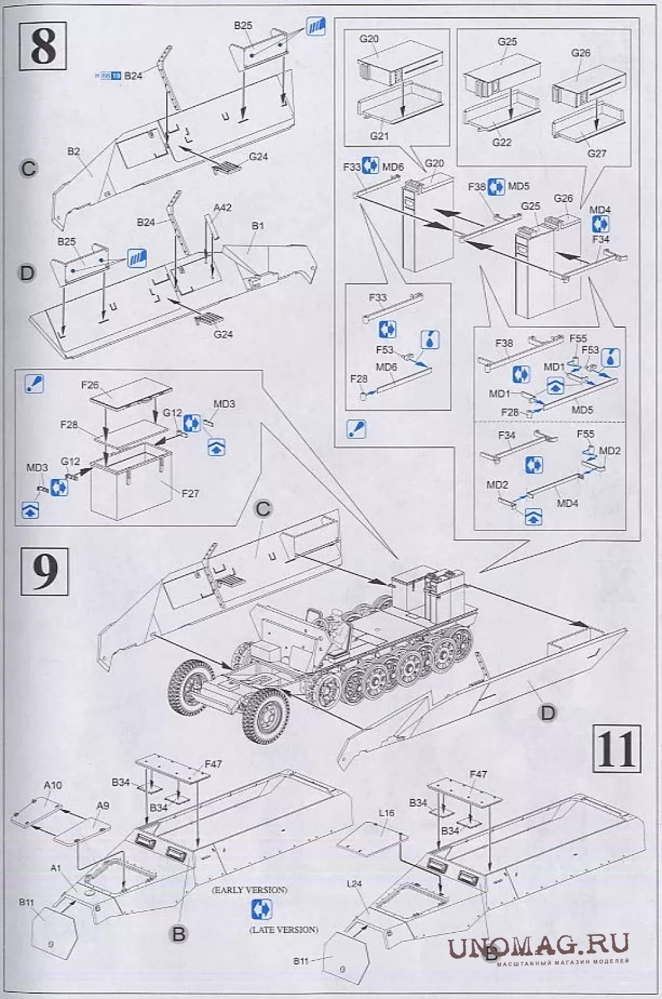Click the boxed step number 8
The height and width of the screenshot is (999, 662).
tap(43, 46)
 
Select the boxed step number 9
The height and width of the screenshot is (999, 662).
tap(44, 571)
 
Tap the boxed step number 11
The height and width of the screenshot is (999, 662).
tap(617, 749)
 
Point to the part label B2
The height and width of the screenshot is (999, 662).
tap(73, 151)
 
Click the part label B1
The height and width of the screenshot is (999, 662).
tap(258, 226)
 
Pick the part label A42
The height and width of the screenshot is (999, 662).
tap(222, 207)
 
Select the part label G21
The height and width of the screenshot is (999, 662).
tap(379, 136)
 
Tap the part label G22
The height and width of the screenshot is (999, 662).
tap(502, 142)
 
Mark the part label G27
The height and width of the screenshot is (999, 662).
tap(596, 153)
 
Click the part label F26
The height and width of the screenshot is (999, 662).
tap(90, 385)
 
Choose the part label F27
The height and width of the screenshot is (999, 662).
tap(190, 493)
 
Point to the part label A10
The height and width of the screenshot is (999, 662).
tap(53, 785)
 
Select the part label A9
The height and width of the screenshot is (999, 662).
tap(103, 805)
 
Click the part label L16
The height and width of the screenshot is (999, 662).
tap(386, 812)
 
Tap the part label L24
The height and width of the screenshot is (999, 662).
tap(354, 883)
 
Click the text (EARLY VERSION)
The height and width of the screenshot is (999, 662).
tap(249, 890)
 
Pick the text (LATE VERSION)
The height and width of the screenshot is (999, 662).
tap(284, 929)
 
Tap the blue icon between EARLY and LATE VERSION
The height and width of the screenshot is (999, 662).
tap(261, 909)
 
